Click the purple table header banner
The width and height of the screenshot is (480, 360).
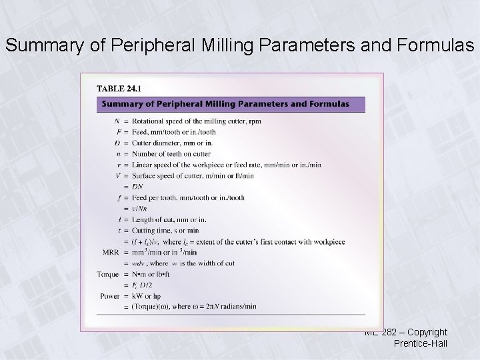(x=231, y=104)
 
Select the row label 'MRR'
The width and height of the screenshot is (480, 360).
(x=109, y=253)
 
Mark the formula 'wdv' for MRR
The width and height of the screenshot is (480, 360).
(x=139, y=263)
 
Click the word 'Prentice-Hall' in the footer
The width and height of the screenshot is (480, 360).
(x=421, y=344)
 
